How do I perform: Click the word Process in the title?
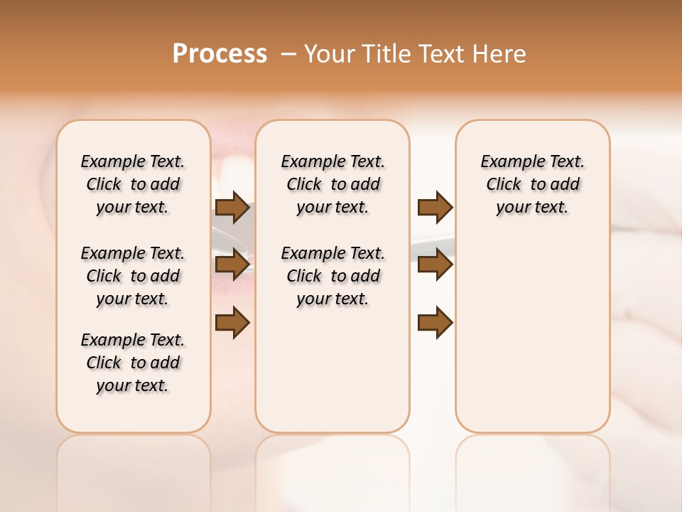click(220, 54)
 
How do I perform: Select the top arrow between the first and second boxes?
click(232, 208)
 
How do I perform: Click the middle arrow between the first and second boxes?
click(232, 265)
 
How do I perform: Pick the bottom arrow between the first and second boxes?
click(232, 322)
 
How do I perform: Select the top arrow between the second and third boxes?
click(435, 208)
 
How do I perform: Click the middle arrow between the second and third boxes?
click(435, 265)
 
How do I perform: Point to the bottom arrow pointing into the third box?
click(435, 322)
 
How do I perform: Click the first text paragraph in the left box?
click(133, 184)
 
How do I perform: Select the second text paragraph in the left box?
click(133, 276)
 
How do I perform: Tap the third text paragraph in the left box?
click(133, 363)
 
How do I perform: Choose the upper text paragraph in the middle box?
click(332, 184)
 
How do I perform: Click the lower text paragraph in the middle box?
click(332, 276)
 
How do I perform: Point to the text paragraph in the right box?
click(532, 184)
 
